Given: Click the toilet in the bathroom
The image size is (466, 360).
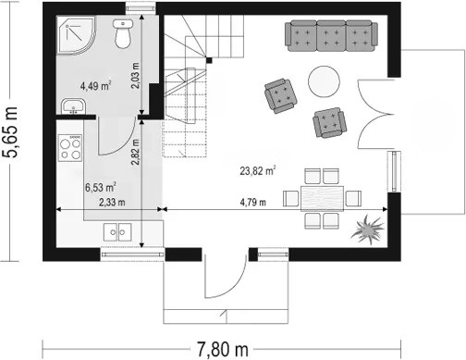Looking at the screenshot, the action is (x=123, y=33).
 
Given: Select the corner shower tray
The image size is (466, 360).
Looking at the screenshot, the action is (x=75, y=35).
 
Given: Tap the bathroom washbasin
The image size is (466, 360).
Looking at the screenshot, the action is (x=73, y=106).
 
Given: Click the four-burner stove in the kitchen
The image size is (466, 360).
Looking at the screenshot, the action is (x=70, y=148).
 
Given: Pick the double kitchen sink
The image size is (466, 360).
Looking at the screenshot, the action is (x=117, y=232).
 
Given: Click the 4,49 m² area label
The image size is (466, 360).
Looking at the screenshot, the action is (x=96, y=85).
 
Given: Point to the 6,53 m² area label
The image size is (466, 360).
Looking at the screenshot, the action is (x=101, y=187).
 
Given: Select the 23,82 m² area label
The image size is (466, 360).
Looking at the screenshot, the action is (x=258, y=170).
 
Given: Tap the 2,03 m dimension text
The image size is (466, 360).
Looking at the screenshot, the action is (x=135, y=76).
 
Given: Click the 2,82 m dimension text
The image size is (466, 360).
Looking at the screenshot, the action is (x=135, y=152).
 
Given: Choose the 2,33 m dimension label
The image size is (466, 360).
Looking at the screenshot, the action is (x=112, y=203).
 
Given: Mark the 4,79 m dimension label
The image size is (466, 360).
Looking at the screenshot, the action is (x=252, y=203).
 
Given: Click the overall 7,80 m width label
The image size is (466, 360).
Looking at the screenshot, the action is (x=223, y=350).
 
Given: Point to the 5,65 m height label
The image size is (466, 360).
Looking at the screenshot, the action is (x=11, y=132).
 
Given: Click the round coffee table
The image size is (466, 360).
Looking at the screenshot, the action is (x=324, y=81).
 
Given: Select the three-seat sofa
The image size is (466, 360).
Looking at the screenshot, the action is (x=331, y=36).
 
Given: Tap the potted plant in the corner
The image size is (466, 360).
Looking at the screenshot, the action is (x=368, y=230).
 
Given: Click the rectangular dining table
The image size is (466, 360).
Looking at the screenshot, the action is (x=323, y=198).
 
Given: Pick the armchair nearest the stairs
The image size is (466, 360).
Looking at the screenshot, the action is (x=280, y=95).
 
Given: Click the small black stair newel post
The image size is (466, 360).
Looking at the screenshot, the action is (x=209, y=60).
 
